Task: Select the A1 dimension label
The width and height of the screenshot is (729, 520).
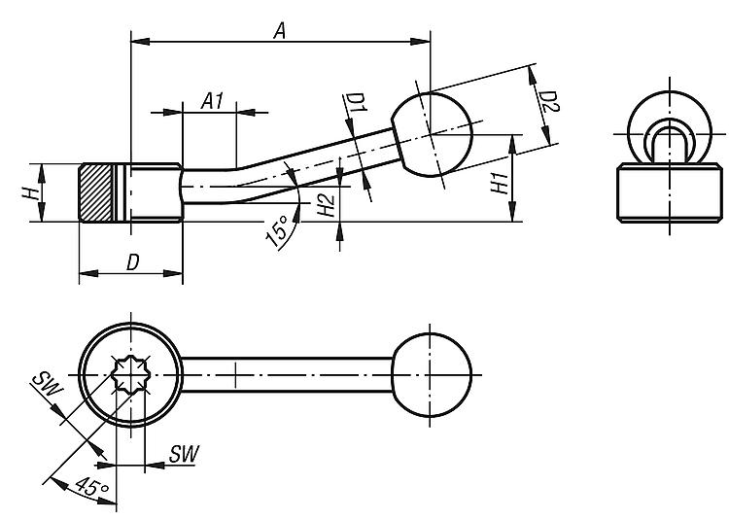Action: point(213,100)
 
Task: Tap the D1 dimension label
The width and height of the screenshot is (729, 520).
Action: point(356,104)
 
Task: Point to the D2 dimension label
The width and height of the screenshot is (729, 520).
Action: point(549,104)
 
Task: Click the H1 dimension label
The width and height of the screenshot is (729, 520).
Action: point(498,183)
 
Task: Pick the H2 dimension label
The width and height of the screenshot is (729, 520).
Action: point(327,204)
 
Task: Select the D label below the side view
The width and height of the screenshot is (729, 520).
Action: point(133,262)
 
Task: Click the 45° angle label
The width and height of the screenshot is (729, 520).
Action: point(86,488)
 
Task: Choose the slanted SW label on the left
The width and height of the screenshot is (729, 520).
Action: point(47,383)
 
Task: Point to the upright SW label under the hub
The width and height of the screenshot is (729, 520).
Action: point(183,453)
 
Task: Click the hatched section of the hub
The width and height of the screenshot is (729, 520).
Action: point(96,193)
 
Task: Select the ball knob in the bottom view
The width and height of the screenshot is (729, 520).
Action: point(434,374)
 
